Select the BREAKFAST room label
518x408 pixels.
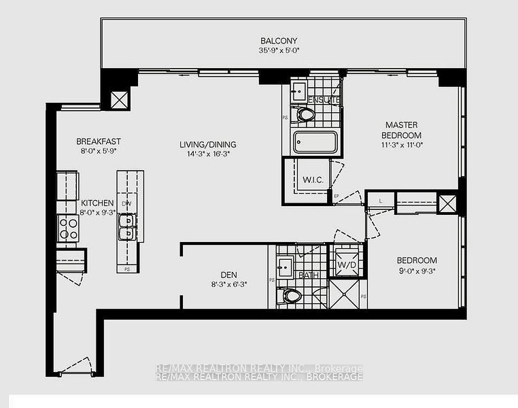pos(98,141)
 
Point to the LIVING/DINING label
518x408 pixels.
pos(207,144)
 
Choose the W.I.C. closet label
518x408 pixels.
pos(312,180)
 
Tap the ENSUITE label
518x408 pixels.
pos(324,101)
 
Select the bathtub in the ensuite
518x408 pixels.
pos(315,143)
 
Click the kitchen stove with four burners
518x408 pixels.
pos(67,228)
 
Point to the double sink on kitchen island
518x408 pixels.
pos(126,226)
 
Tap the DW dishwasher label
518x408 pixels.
pos(126,203)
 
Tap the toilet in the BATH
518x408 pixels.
pos(291,296)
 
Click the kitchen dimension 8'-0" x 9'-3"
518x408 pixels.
pos(97,212)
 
